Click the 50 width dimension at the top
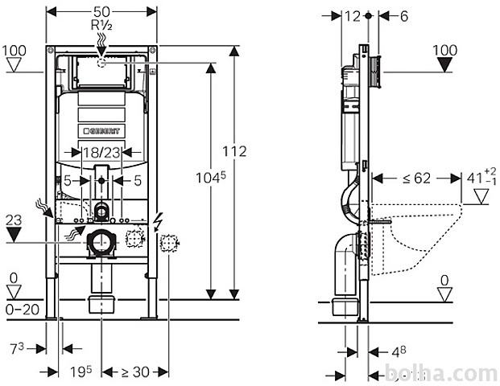click(101, 12)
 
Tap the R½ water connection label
click(101, 25)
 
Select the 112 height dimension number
click(234, 151)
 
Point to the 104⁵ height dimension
click(210, 178)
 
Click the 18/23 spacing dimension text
click(101, 153)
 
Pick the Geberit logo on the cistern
click(101, 130)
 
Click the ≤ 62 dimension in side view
click(416, 179)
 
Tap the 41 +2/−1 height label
click(481, 177)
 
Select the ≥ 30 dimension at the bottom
click(135, 372)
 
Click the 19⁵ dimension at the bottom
click(81, 372)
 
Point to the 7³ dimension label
click(17, 349)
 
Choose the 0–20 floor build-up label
click(23, 310)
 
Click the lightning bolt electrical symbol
click(158, 222)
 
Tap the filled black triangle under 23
click(14, 235)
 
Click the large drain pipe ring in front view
click(101, 243)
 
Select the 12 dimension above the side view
click(353, 16)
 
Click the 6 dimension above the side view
click(404, 16)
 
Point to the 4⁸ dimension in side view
click(399, 352)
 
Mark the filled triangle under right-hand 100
click(444, 64)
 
